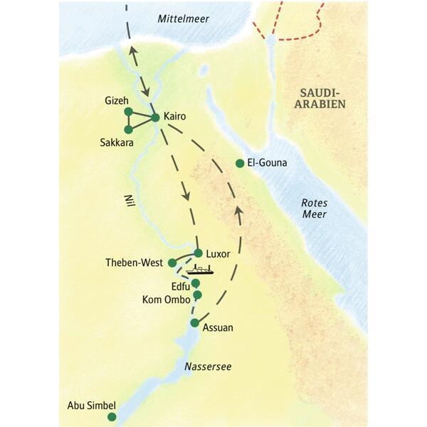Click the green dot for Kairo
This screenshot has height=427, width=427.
[x=156, y=117]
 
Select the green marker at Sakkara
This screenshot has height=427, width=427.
[x=128, y=130]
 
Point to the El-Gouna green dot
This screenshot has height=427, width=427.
[x=240, y=164]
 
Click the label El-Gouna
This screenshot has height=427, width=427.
[x=268, y=163]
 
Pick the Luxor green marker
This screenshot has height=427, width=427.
[x=199, y=253]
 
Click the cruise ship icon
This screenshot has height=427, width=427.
[x=200, y=270]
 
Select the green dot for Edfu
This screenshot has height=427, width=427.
[x=196, y=283]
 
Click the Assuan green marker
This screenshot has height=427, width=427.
[x=194, y=323]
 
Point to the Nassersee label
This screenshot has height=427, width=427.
[x=208, y=367]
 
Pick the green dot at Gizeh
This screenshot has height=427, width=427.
[x=128, y=111]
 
